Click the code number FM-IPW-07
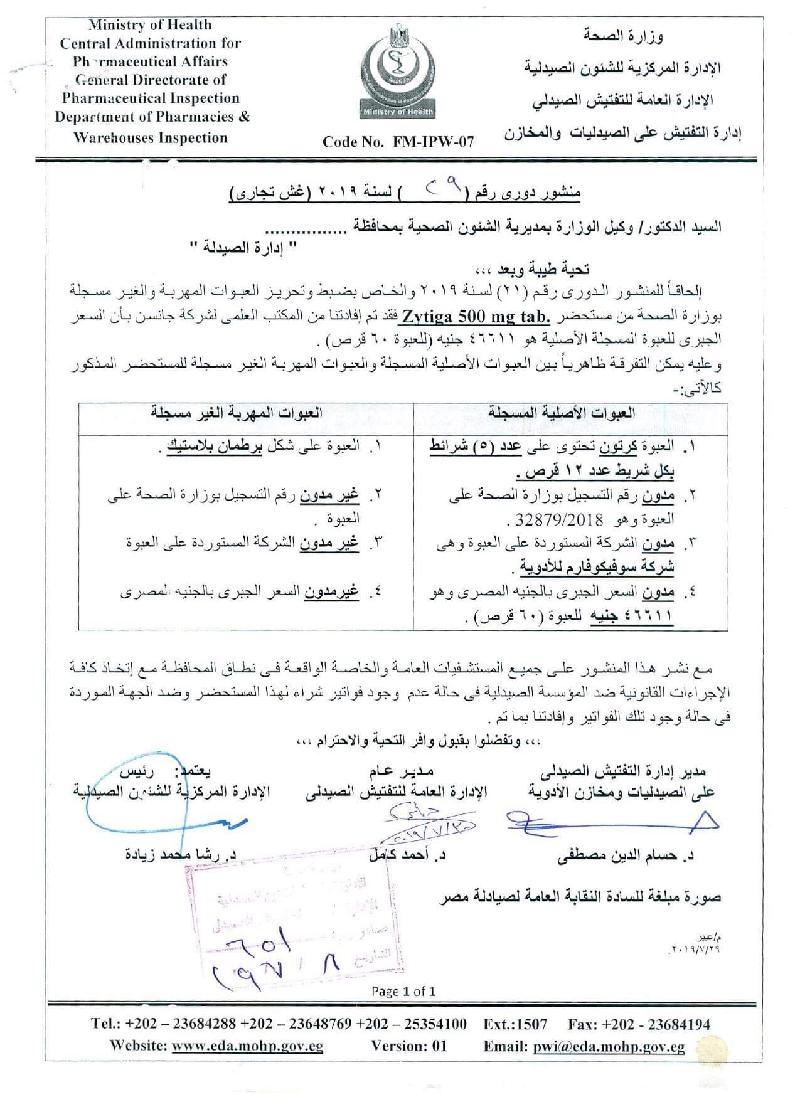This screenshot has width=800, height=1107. tap(398, 142)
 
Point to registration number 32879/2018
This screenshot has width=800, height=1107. tap(554, 520)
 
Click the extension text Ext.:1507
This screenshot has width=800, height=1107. tap(515, 1024)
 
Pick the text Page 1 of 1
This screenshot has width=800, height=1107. tap(403, 991)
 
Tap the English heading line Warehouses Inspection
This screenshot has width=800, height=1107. tap(151, 137)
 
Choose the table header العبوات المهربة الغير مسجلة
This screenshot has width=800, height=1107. tap(237, 413)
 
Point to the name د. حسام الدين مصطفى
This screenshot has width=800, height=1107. tap(626, 855)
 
